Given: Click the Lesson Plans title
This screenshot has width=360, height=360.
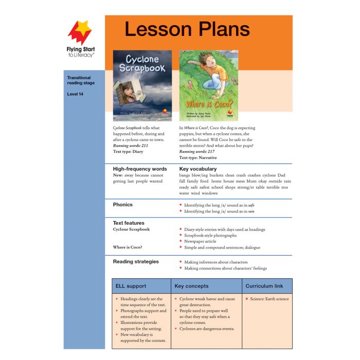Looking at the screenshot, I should [187, 30].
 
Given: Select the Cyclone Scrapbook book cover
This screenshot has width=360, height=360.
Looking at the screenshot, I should [142, 85].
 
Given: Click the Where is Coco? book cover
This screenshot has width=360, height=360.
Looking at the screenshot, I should [208, 85].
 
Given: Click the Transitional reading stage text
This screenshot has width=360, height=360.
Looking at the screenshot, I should [81, 80].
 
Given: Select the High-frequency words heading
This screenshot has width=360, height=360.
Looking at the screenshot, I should [140, 169].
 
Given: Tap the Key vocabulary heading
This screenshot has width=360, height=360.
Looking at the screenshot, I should [198, 169].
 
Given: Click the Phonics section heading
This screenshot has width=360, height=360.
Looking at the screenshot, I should [123, 204].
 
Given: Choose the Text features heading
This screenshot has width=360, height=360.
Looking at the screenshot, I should [129, 223].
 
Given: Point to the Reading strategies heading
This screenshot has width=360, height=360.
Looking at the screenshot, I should [136, 261].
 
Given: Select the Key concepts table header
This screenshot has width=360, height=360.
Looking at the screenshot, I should [191, 286].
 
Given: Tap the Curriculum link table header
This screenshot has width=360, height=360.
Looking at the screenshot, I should [266, 286].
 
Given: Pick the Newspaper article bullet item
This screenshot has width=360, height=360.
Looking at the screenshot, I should [203, 241].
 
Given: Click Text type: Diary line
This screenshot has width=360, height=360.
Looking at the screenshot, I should [128, 152].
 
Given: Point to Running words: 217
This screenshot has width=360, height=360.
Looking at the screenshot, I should [197, 152].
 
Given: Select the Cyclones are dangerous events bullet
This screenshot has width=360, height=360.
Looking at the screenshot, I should [207, 329].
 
